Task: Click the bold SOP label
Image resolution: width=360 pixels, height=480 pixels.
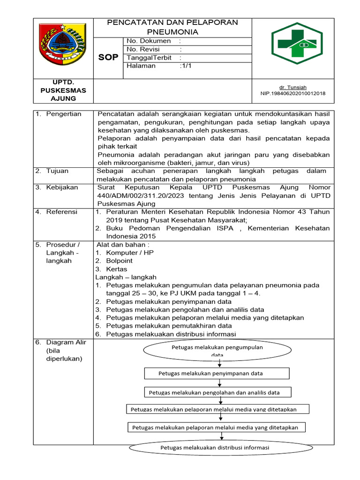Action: tap(108, 57)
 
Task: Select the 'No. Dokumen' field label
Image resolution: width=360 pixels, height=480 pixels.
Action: tap(149, 41)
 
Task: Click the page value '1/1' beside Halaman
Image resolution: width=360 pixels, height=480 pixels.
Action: tap(186, 66)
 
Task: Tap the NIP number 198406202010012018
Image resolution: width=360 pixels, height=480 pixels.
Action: tap(292, 93)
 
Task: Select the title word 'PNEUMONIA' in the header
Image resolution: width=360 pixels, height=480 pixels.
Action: tap(172, 32)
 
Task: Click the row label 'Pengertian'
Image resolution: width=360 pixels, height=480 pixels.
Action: tap(63, 114)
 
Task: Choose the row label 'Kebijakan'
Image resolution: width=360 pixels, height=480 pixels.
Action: tap(62, 187)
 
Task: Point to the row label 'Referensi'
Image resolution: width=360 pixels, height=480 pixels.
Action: tap(61, 212)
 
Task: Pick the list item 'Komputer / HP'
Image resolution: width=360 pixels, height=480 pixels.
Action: tap(130, 253)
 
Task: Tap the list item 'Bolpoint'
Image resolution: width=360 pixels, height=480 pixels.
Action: tap(119, 261)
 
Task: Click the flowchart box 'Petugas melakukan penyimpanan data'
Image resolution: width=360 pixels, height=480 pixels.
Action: tap(217, 373)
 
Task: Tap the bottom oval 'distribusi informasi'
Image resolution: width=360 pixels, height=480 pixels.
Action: tap(215, 448)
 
